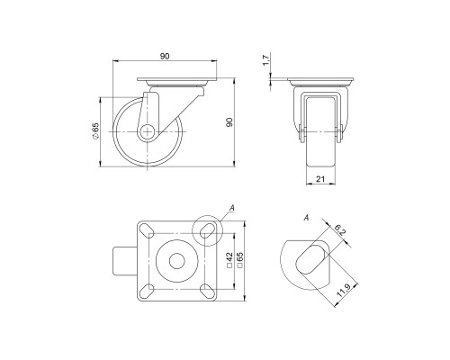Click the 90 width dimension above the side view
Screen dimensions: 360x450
click(x=166, y=57)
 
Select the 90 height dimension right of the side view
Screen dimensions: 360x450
click(x=230, y=121)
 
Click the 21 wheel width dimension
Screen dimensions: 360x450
click(x=319, y=180)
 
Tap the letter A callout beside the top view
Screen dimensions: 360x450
click(x=232, y=209)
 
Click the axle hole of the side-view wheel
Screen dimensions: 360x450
click(x=147, y=131)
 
